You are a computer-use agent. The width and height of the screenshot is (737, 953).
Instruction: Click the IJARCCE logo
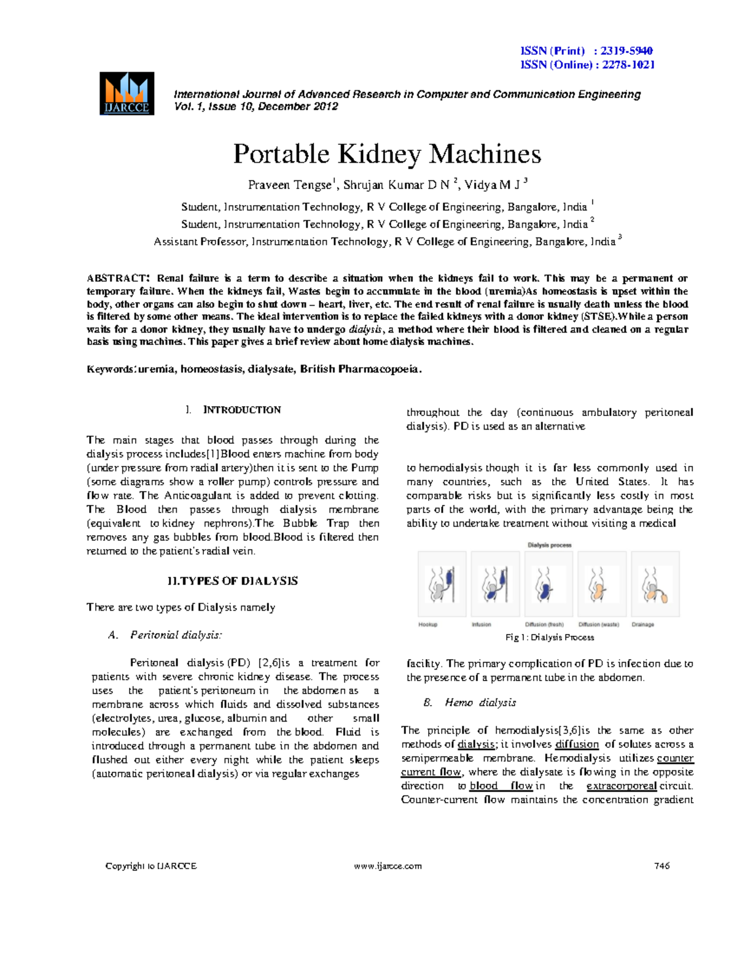coord(127,94)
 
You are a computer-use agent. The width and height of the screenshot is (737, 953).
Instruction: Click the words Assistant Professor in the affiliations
coord(201,242)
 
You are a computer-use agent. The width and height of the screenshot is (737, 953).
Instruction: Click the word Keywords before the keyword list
coord(110,369)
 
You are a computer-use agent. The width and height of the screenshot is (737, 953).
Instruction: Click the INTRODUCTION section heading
coord(242,410)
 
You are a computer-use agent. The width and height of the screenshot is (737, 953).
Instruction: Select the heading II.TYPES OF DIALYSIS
coord(232,581)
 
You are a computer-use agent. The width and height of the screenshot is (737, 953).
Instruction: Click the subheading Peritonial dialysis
coord(176,635)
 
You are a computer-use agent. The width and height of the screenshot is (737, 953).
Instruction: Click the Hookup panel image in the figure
coord(442,584)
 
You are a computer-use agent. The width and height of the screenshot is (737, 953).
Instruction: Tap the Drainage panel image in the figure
coord(655,584)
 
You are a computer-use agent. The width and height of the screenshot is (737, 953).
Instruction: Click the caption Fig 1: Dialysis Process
coord(550,638)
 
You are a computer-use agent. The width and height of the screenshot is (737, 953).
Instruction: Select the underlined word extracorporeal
coord(622,786)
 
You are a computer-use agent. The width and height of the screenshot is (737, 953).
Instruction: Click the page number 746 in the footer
coord(661,866)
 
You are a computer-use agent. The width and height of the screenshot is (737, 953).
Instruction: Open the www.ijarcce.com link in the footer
coord(388,866)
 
